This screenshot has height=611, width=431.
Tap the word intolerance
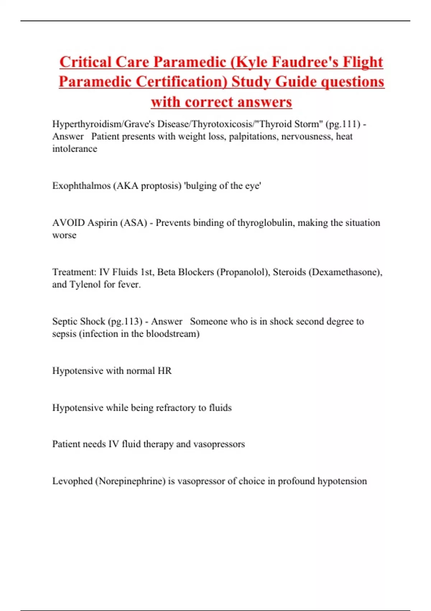click(x=75, y=149)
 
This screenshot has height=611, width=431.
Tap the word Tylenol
click(x=85, y=285)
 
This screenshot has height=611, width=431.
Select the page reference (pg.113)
click(x=125, y=321)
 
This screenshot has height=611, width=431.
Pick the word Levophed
click(x=72, y=481)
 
